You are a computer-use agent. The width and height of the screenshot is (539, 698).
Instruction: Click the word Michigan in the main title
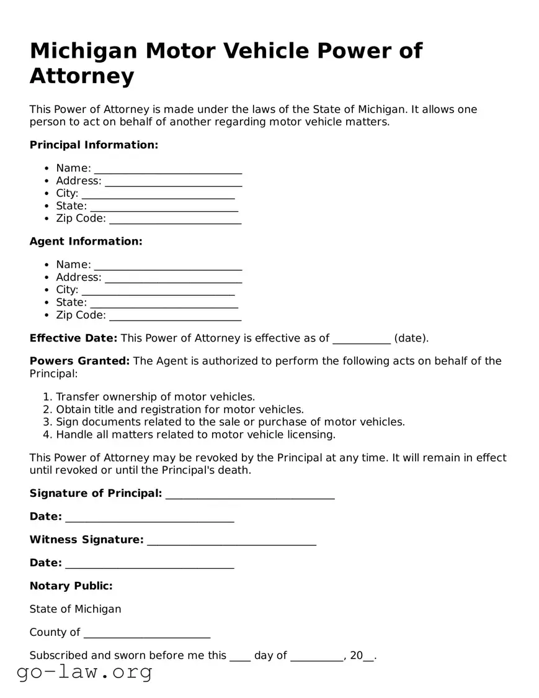pos(83,51)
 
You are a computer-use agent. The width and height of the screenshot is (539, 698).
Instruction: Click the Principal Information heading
pos(94,145)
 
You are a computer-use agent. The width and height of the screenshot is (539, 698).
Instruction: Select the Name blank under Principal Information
pos(167,170)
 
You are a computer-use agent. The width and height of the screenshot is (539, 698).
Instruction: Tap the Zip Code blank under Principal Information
pos(175,220)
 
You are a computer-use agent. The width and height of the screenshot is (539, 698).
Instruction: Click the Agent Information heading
pos(86,241)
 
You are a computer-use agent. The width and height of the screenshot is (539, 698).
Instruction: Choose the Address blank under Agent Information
pos(173,278)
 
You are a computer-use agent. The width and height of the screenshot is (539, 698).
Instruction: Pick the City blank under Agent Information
pos(158,291)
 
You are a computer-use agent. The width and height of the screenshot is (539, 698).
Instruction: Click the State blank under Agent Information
pos(164,303)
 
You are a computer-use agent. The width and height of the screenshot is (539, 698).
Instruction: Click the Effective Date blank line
pos(362,339)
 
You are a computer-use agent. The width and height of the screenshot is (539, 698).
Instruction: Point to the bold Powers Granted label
pos(79,361)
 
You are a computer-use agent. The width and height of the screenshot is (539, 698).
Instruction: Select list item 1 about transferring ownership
pos(155,397)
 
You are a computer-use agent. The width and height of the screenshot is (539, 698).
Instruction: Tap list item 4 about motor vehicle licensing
pos(195,434)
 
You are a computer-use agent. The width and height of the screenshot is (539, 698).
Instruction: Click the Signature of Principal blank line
pos(250,494)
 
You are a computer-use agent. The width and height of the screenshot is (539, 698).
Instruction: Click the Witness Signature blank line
pos(231,541)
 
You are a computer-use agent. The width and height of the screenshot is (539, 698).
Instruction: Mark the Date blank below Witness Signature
pos(149,564)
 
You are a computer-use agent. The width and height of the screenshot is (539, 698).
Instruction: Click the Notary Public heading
pos(71,586)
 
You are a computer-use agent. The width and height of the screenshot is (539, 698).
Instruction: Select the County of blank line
pos(147,633)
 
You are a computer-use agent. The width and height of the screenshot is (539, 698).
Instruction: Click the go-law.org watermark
pos(84,672)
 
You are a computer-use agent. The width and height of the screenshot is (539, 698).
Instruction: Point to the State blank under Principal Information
pos(164,207)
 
